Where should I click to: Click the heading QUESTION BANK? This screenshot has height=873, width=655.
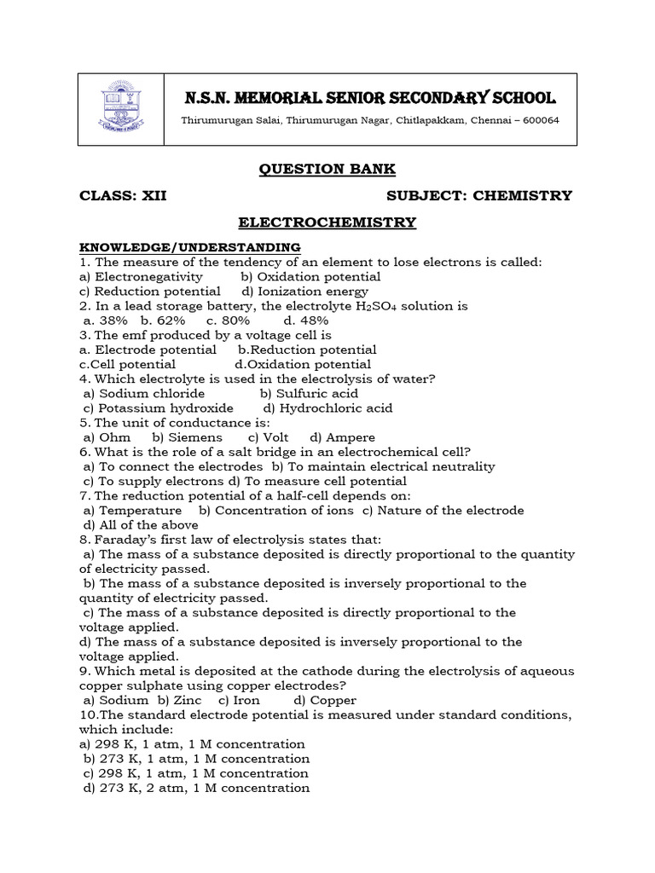pos(327,168)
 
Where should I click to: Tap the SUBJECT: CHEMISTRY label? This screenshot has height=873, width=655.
pos(479,196)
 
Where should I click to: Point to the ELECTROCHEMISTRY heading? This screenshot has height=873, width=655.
pos(327,223)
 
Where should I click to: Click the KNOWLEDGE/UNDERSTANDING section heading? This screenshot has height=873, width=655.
pos(189,247)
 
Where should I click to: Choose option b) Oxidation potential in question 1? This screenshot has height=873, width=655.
pos(310,276)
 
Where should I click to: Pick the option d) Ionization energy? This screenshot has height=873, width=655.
pos(305,291)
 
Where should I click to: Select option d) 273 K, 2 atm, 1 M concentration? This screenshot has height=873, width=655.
pos(196,788)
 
